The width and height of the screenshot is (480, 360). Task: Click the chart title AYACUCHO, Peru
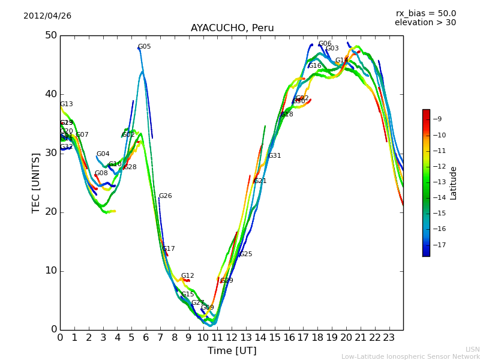tap(232, 28)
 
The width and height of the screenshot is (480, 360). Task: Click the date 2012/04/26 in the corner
tap(47, 16)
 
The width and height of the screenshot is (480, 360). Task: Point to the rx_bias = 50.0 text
tap(425, 14)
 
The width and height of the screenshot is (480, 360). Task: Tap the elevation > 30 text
tap(425, 23)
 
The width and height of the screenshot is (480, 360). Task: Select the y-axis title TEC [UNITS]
tap(37, 182)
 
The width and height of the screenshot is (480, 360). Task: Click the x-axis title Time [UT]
tap(232, 351)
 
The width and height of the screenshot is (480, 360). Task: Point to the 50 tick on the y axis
tap(50, 35)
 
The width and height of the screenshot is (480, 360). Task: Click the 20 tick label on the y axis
tap(50, 212)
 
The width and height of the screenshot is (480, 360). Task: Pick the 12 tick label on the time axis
tap(232, 338)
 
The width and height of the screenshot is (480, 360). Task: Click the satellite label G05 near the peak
tap(145, 47)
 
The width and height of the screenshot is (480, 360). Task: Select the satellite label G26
tap(165, 196)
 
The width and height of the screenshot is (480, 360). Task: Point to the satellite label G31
tap(274, 156)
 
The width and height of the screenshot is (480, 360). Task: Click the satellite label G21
tap(260, 181)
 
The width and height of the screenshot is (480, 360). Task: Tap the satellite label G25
tap(245, 254)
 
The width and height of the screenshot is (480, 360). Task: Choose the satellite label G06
tap(325, 44)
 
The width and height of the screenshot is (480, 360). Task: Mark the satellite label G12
tap(187, 276)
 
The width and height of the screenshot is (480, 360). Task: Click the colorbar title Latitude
tap(454, 183)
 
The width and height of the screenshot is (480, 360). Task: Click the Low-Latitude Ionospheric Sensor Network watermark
tap(410, 357)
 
